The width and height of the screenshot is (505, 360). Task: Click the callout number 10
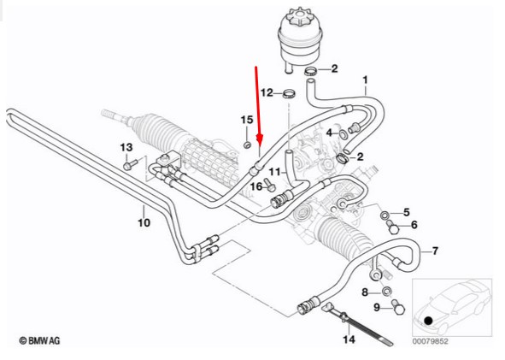144,222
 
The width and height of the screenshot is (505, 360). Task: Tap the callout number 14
349,339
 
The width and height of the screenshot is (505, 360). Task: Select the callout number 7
435,251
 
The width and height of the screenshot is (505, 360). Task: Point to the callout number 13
126,147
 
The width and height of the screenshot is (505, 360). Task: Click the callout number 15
247,120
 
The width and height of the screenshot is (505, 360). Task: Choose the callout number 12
267,93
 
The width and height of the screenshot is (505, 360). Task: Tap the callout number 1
365,80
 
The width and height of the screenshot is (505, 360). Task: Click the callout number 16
256,186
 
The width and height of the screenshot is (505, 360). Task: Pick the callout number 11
275,172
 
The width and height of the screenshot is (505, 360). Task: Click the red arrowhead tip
260,144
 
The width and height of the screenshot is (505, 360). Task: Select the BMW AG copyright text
39,340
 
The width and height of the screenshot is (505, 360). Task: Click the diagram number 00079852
430,341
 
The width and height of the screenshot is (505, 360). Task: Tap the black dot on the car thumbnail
428,321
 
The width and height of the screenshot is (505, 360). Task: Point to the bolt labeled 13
130,164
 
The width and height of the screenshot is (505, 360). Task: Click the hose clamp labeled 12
289,95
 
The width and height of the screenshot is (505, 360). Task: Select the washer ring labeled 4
343,133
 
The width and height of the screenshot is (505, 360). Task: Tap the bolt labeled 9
398,307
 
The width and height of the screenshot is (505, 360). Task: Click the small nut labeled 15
247,145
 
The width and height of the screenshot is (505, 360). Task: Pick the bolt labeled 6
393,227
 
